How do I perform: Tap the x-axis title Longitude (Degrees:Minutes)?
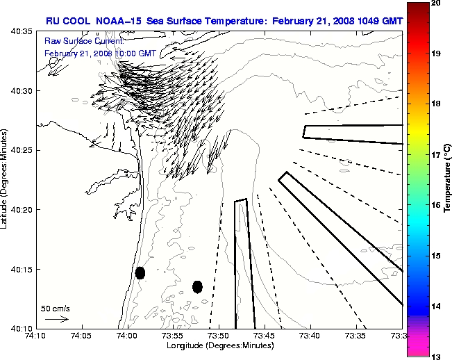coord(219,345)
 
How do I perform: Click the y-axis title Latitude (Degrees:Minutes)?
coord(5,180)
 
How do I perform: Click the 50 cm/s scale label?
coord(56,308)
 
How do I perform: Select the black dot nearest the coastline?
coord(140,272)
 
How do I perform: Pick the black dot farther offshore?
coord(197,286)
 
